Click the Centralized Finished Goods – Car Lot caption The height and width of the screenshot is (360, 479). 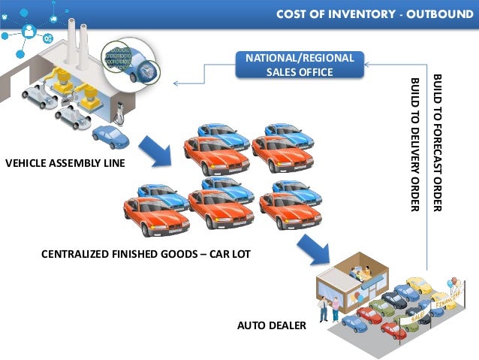click(145, 255)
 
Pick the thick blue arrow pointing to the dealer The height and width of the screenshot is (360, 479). click(314, 251)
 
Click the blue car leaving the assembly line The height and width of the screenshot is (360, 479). click(110, 136)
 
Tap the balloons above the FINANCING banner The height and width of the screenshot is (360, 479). click(451, 282)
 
